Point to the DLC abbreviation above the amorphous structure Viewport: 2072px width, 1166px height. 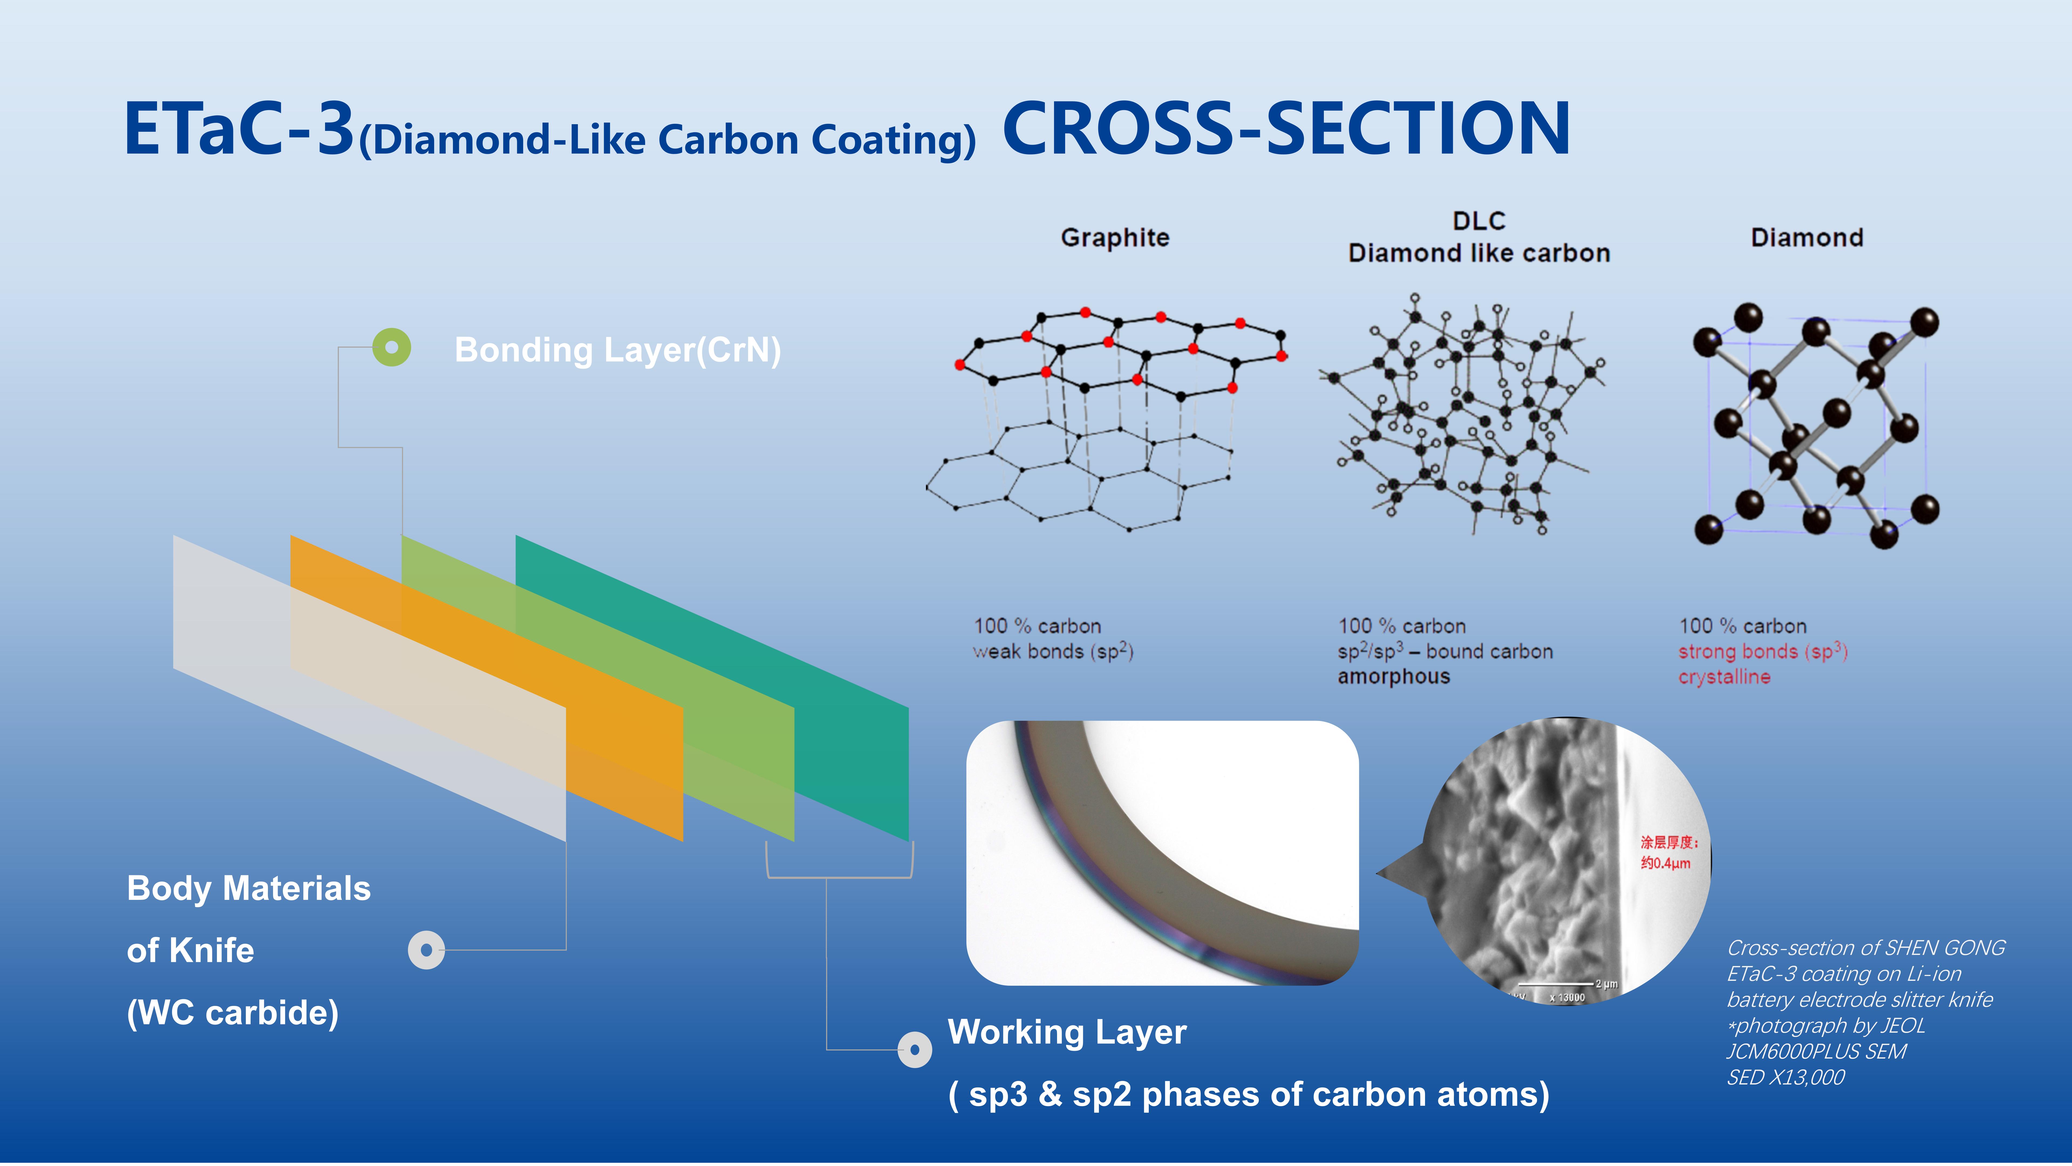pyautogui.click(x=1478, y=221)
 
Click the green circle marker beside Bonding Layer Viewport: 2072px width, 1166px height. pyautogui.click(x=392, y=348)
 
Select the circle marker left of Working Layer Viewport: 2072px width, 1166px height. pyautogui.click(x=915, y=1049)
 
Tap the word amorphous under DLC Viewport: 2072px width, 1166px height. pyautogui.click(x=1394, y=677)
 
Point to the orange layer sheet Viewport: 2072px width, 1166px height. pyautogui.click(x=487, y=688)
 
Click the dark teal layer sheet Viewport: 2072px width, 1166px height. pyautogui.click(x=712, y=688)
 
